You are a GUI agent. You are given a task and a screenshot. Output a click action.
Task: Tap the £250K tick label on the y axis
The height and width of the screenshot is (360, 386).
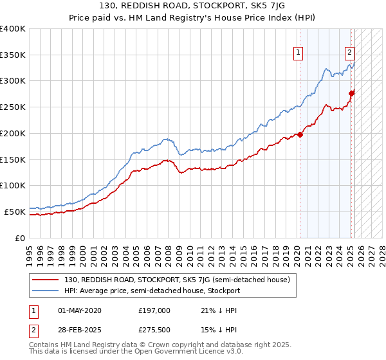13,107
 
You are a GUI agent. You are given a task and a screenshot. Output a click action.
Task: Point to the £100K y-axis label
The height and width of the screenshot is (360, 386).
13,185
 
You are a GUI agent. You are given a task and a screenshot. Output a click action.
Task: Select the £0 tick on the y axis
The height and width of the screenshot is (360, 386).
19,238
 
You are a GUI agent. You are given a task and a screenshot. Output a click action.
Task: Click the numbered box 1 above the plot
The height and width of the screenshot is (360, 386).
299,53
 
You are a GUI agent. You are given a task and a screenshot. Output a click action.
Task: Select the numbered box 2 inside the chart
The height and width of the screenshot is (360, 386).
349,53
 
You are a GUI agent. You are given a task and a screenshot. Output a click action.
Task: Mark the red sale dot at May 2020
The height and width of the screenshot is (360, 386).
300,135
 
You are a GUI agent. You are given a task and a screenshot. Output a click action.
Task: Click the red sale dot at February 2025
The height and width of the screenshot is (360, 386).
351,94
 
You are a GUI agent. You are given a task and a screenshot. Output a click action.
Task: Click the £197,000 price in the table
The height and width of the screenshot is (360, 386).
154,310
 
